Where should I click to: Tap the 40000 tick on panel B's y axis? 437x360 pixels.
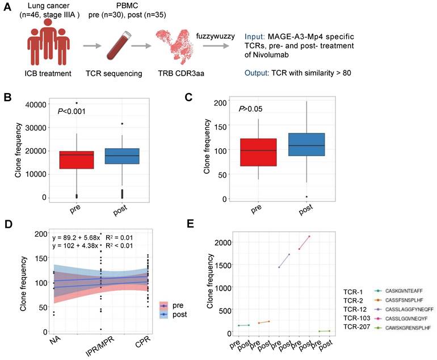click(36, 104)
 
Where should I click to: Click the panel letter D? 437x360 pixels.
click(8, 223)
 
